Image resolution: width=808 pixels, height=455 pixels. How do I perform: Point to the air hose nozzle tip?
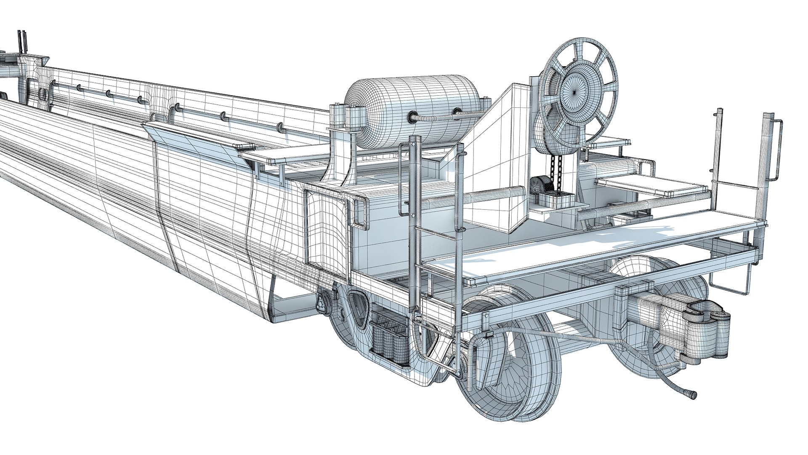click(x=691, y=395)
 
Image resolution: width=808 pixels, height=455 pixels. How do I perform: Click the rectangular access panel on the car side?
click(x=326, y=227)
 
